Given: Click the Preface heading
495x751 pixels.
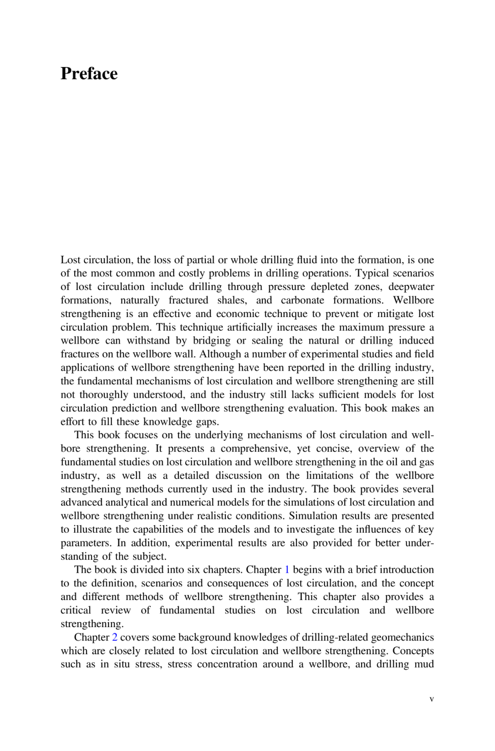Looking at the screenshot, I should coord(89,74).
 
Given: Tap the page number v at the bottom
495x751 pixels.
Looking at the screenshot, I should coord(432,699).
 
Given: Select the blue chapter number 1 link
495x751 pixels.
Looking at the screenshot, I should coord(287,570).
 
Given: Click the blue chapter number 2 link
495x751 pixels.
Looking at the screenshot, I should coord(115,637).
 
